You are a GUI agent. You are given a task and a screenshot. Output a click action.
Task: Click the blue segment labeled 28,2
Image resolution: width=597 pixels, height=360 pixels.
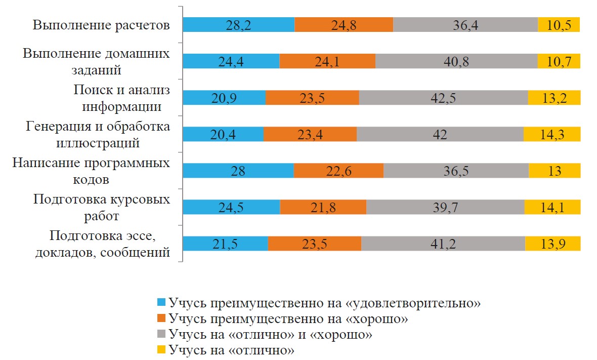238,25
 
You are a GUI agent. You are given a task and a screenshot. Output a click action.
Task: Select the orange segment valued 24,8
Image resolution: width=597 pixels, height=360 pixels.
344,25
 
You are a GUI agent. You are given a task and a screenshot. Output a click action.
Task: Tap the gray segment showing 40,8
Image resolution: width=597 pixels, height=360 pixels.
456,61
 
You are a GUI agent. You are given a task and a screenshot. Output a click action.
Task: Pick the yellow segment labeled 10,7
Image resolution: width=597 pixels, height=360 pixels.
559,61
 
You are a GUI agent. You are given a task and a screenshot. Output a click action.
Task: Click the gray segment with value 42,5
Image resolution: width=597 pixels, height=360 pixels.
443,98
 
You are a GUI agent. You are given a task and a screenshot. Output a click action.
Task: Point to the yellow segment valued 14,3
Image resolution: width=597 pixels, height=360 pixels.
552,134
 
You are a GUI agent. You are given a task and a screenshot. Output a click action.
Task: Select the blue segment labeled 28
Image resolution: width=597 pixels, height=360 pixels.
238,171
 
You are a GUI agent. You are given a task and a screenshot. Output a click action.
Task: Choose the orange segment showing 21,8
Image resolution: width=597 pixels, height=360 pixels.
323,207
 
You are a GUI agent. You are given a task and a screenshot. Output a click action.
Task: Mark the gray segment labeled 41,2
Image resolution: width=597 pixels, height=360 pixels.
443,244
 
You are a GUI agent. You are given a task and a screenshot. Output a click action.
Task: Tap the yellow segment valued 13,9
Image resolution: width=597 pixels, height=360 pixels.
552,244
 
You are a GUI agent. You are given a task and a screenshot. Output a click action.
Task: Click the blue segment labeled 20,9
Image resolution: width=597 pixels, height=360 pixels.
224,98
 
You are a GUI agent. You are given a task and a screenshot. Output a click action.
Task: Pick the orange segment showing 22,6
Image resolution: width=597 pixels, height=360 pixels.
338,171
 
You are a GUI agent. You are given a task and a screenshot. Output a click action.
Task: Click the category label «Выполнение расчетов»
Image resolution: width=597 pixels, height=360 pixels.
101,25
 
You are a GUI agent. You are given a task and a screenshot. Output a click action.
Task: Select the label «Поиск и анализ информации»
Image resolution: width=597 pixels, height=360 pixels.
121,98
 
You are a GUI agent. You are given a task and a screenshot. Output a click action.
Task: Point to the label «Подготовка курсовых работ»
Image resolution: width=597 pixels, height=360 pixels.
101,208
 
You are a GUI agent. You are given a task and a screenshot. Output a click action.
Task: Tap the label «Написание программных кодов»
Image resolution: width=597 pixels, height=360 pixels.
91,171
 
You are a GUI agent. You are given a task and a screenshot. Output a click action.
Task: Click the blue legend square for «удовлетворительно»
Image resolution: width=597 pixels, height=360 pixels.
161,303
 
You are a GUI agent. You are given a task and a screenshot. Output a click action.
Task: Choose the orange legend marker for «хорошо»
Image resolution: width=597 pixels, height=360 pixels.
161,318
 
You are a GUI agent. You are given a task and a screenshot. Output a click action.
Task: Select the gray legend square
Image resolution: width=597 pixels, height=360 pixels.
161,334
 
